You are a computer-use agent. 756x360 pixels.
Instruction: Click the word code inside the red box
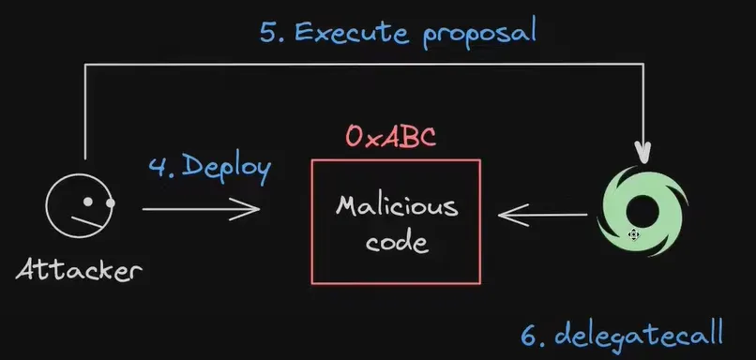397,242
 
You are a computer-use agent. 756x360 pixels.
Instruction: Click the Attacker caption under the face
80,272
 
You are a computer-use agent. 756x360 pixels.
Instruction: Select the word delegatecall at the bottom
647,334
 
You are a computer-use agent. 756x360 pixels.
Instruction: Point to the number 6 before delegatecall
529,334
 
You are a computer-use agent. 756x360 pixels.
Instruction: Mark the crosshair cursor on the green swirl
634,233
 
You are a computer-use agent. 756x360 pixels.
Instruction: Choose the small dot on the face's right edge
110,203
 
